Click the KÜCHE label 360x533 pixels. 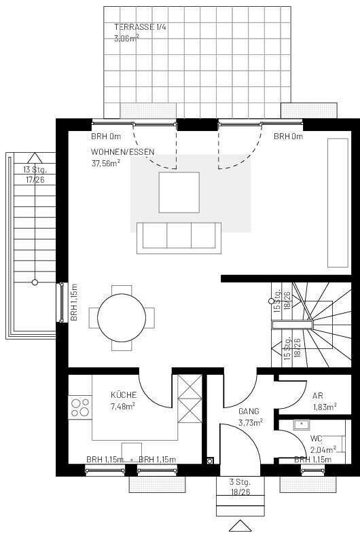124,395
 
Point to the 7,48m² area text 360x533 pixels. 123,406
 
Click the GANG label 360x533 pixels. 249,411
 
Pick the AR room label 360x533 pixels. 317,395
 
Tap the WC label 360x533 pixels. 316,439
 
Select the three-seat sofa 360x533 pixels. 179,238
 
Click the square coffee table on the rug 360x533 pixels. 179,192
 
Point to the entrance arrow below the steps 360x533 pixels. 240,526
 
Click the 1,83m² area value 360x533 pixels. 324,407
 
